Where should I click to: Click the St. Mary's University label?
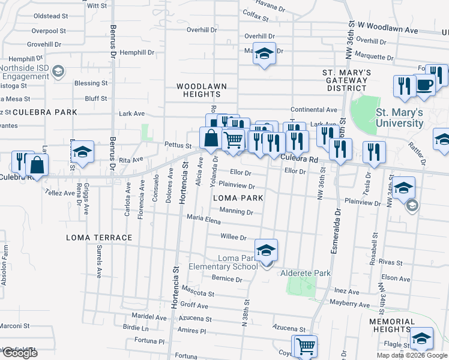pos(399,118)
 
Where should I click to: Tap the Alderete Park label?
pos(306,273)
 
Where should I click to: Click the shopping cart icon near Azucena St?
pos(305,346)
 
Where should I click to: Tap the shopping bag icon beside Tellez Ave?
pos(37,166)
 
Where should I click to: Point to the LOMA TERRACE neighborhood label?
pos(100,238)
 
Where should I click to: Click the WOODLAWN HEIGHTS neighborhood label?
pos(202,90)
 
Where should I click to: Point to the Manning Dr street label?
pos(236,211)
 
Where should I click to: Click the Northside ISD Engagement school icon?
pos(58,72)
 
